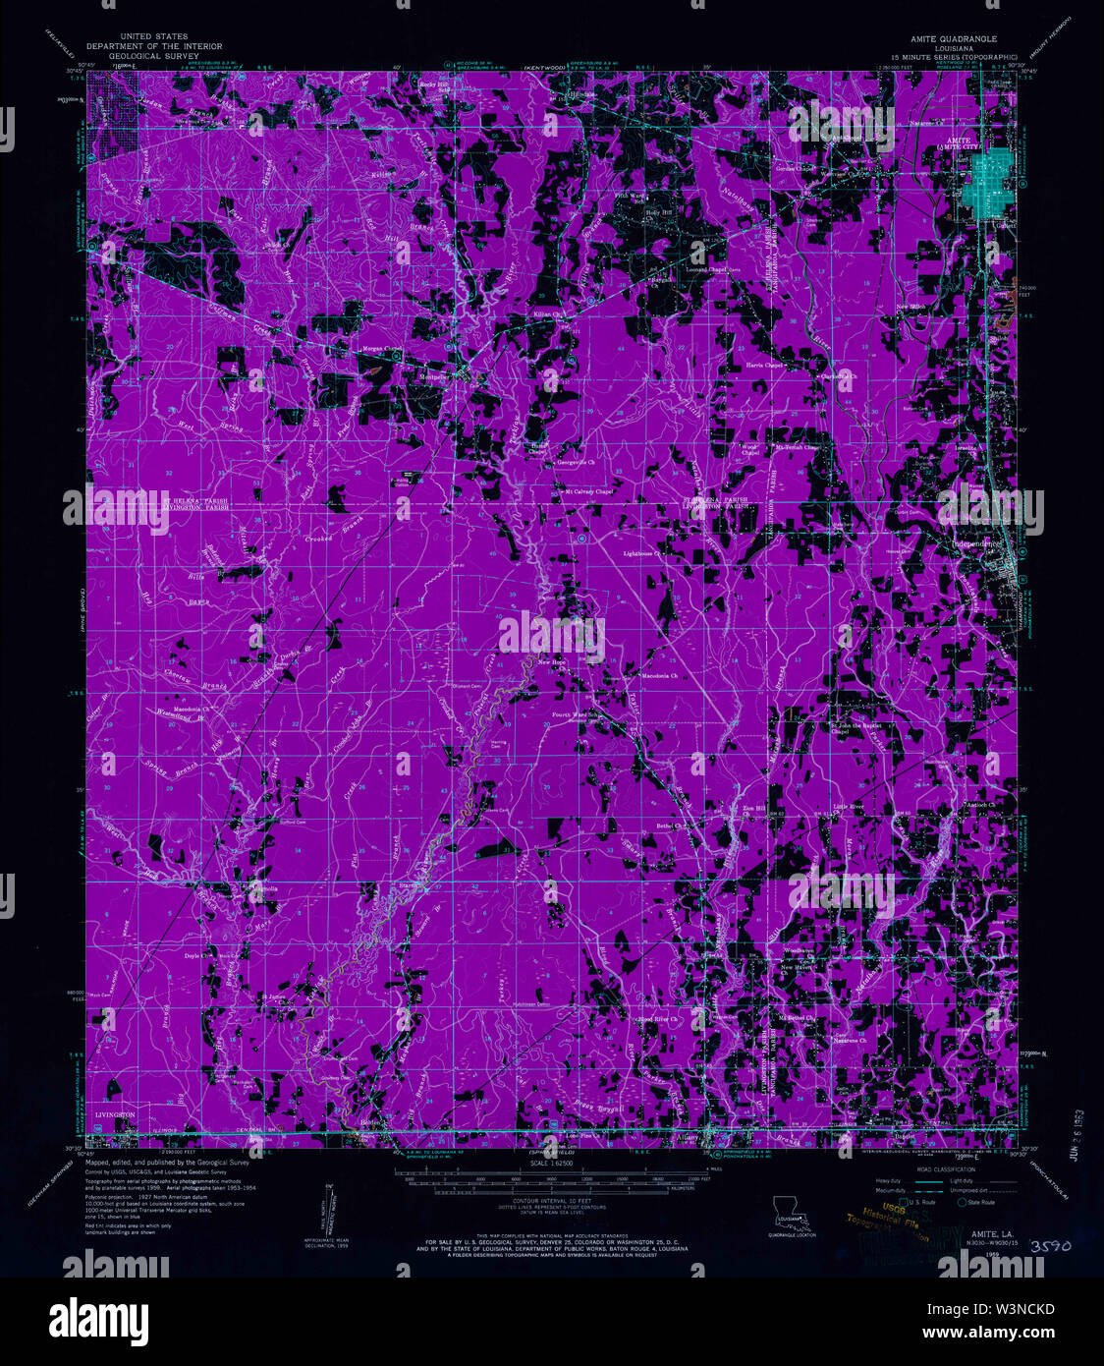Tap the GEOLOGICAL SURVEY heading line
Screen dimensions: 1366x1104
pos(154,55)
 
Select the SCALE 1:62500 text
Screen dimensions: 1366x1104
pos(551,1164)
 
